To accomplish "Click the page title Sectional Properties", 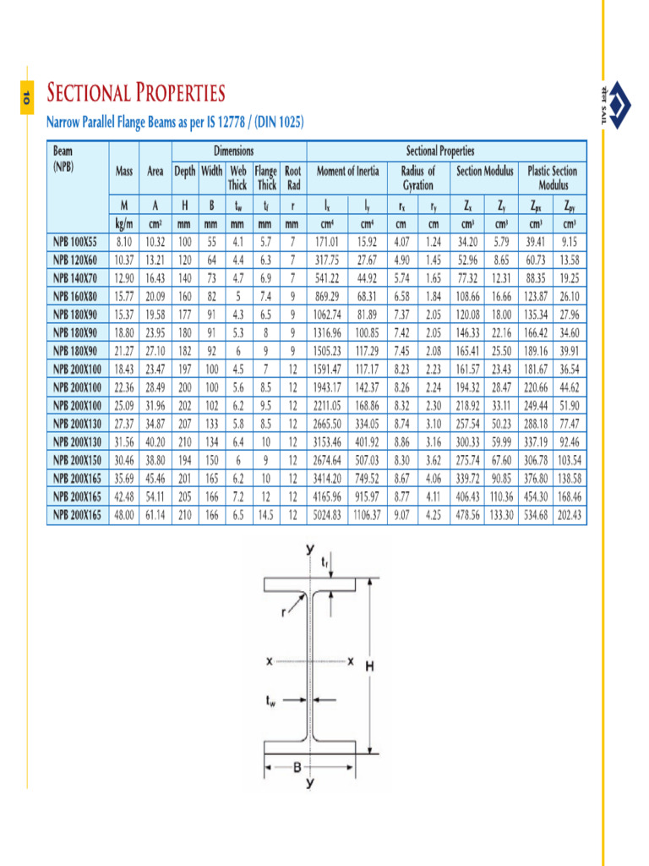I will [x=136, y=92].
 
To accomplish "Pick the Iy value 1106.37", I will [x=366, y=514].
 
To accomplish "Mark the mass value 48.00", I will [x=124, y=514].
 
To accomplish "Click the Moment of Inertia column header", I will [x=347, y=171].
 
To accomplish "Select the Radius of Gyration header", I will [x=417, y=178].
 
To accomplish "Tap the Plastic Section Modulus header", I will [x=552, y=178].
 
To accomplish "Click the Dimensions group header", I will [x=238, y=151].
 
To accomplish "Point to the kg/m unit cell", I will [x=124, y=225].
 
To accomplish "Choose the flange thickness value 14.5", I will [x=266, y=514].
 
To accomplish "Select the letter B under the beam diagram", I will [x=297, y=768].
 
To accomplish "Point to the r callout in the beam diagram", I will [x=284, y=614].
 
